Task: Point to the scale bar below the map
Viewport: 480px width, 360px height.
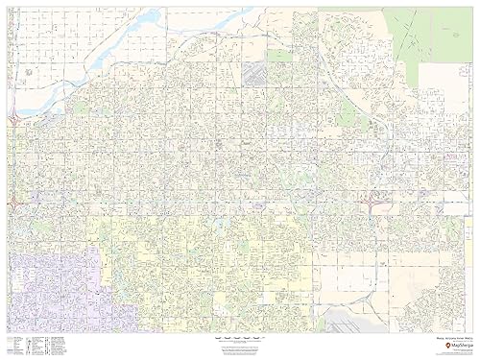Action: (x=239, y=340)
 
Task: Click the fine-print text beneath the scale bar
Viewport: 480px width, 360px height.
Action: (x=239, y=349)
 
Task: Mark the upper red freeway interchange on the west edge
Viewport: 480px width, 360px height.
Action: (x=16, y=120)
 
